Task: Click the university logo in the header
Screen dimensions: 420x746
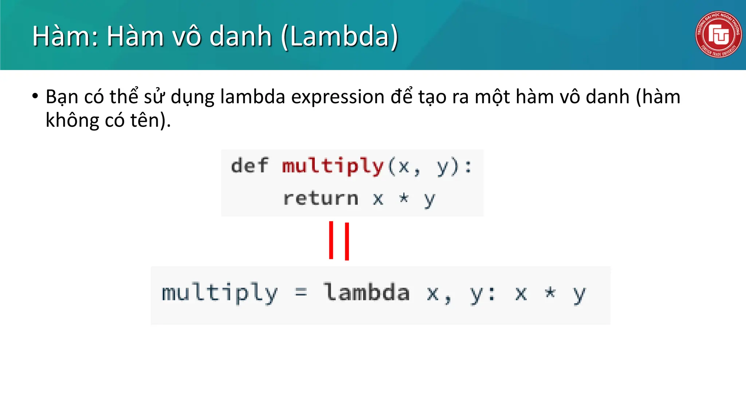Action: (718, 34)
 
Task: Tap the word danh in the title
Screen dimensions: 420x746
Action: (241, 36)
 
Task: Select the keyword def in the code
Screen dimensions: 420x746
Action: (250, 166)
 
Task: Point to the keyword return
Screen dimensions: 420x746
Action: (321, 199)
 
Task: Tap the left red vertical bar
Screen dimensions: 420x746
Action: (331, 240)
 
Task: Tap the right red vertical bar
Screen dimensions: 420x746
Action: (347, 241)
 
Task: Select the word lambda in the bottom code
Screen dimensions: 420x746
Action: (367, 292)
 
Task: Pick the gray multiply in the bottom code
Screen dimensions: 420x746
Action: (220, 293)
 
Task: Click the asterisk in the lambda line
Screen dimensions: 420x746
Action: (550, 292)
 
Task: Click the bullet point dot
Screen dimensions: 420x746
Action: (35, 96)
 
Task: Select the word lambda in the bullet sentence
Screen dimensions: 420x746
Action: (252, 97)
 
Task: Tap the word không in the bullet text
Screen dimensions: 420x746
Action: (72, 120)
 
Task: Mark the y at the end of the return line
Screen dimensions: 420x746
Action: (429, 200)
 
